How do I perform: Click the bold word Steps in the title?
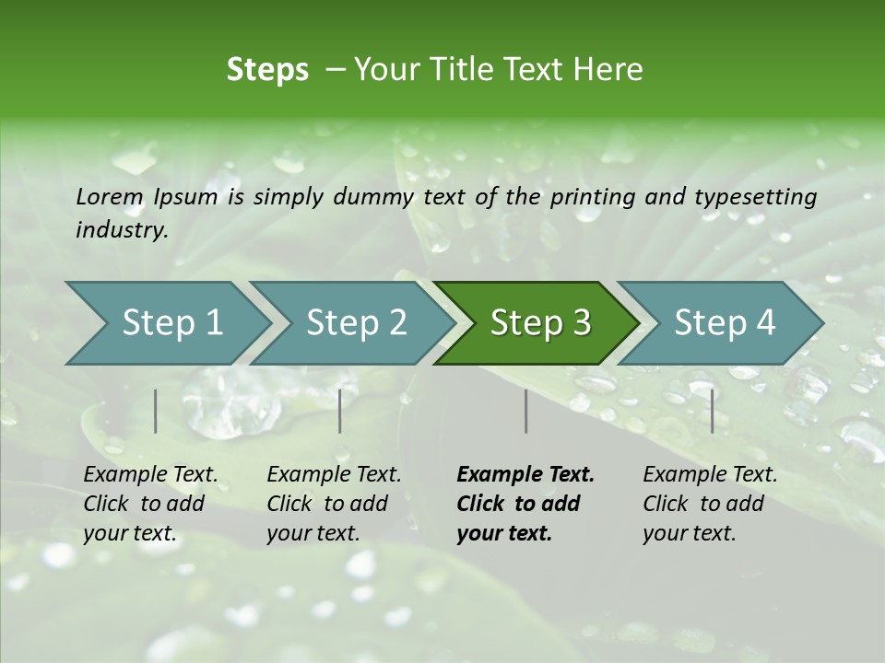[267, 70]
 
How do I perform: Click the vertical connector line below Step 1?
[156, 411]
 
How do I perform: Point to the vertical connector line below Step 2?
[340, 411]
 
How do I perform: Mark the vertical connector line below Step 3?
[526, 411]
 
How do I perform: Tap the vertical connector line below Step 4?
[713, 411]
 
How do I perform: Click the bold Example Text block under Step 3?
[525, 504]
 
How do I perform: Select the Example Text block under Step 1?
[150, 504]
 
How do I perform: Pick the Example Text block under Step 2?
[334, 504]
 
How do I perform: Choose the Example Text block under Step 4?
[710, 504]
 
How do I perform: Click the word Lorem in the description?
[110, 196]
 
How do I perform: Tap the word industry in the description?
[121, 230]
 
